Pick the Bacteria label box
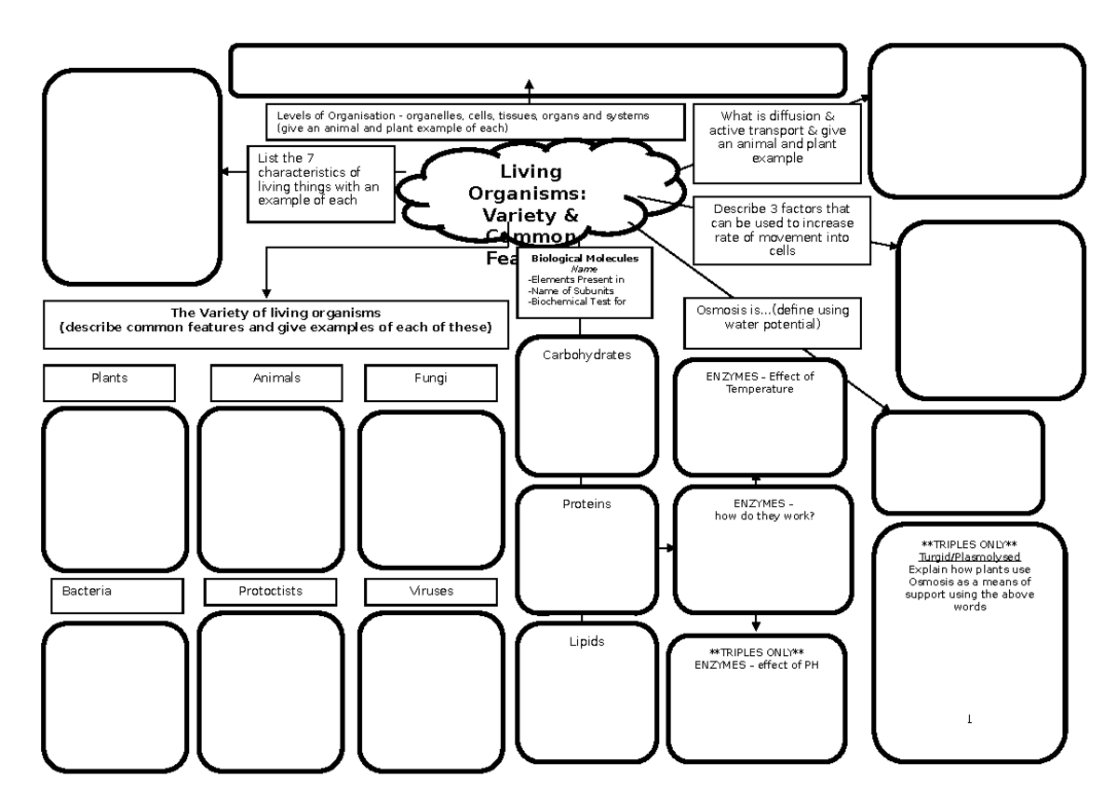(115, 596)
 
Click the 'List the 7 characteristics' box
(320, 183)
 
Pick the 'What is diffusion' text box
(777, 142)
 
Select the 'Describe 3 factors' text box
(782, 229)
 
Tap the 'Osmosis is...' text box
(773, 317)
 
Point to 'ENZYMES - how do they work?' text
(763, 509)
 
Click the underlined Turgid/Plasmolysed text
(969, 556)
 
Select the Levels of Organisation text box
(476, 121)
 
